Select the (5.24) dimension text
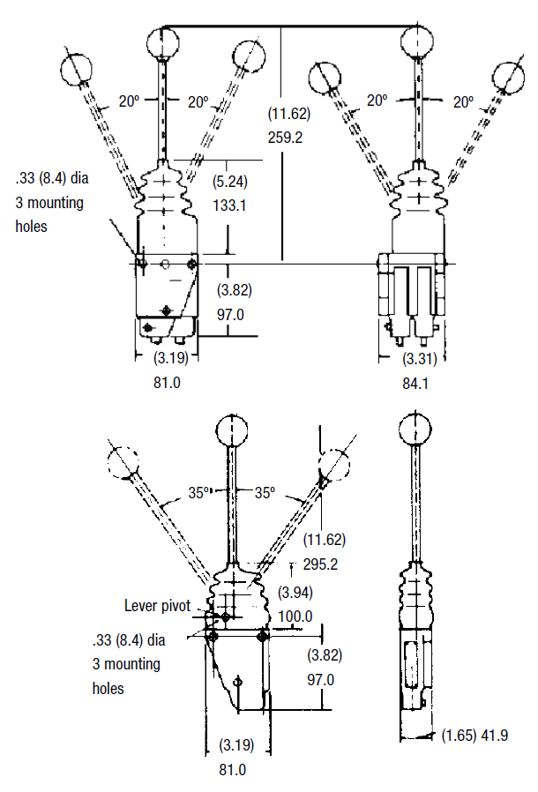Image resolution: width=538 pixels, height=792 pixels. click(232, 182)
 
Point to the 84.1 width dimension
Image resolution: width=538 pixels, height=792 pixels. click(416, 382)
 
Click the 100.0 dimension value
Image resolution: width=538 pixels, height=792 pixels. click(295, 616)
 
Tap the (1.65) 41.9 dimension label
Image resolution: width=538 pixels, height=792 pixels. click(474, 735)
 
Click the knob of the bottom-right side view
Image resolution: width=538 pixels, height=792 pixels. click(415, 429)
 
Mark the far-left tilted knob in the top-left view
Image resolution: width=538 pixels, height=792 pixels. click(78, 67)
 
